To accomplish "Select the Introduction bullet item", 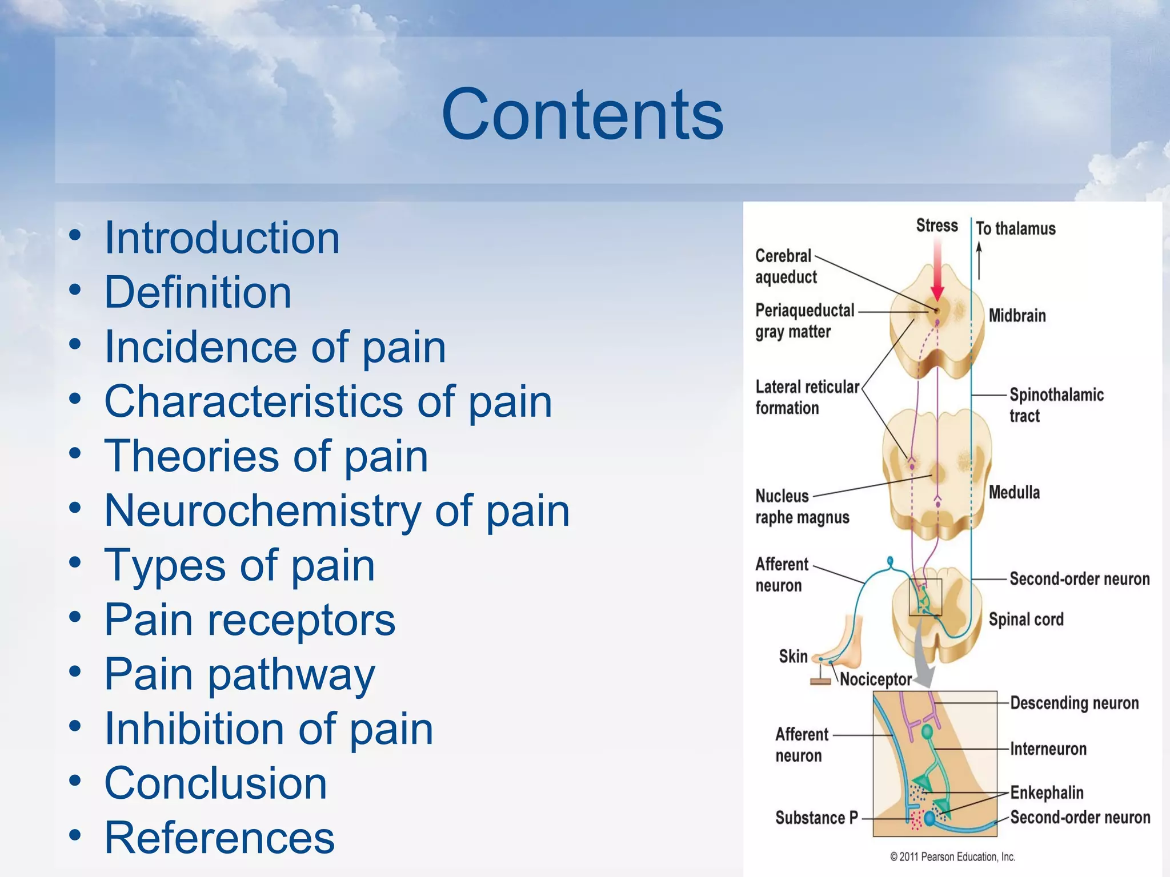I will click(222, 238).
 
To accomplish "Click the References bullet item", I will click(219, 838).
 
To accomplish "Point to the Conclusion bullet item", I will click(215, 783).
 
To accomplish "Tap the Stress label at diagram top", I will click(937, 226).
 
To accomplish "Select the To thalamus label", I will click(1015, 229).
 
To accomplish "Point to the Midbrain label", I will click(1017, 316).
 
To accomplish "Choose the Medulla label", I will click(1014, 493).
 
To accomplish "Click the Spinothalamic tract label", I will click(1056, 405).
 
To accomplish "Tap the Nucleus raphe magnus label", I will click(802, 506).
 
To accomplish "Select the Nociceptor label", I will click(875, 679).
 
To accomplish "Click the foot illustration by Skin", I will click(843, 648).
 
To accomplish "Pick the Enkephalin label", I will click(1047, 792).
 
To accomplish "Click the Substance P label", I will click(816, 818).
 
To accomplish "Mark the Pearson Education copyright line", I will click(952, 857).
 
